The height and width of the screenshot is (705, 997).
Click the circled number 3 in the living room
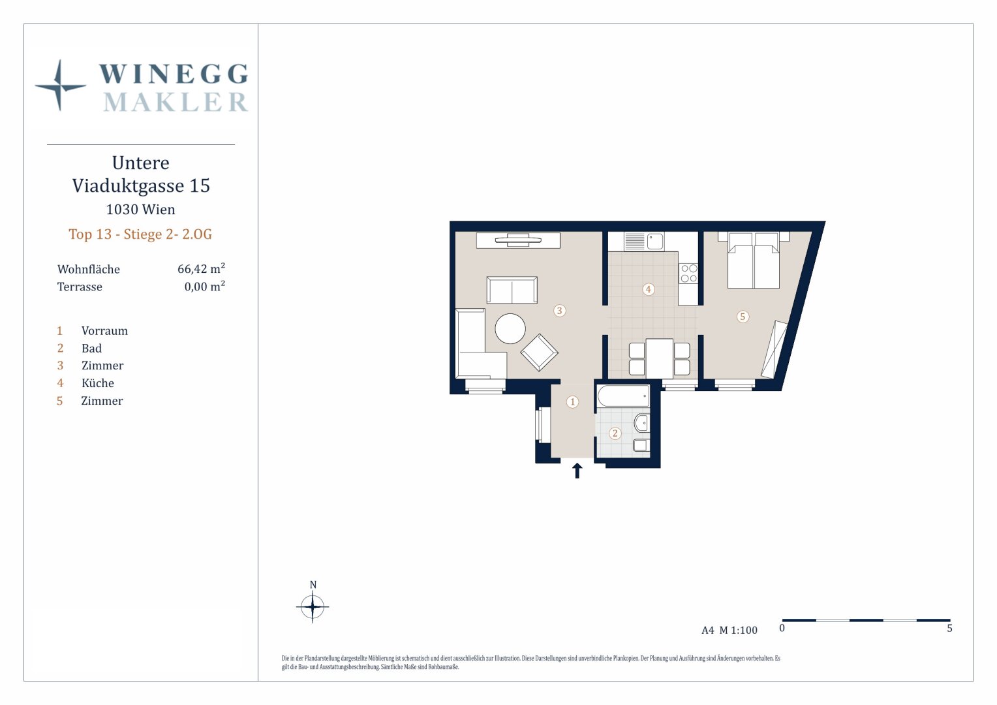tap(559, 311)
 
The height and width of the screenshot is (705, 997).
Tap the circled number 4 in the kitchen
tap(648, 289)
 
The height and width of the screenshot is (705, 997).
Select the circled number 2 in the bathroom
tap(615, 433)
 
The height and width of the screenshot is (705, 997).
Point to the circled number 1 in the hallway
tap(572, 401)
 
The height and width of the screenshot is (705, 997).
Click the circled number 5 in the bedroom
tap(742, 317)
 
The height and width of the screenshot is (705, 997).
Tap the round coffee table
tap(510, 328)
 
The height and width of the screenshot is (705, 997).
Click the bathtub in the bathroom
tap(623, 396)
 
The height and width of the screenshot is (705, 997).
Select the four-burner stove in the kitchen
tap(688, 273)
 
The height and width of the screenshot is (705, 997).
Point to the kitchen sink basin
tap(654, 242)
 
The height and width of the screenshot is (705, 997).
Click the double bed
tap(753, 260)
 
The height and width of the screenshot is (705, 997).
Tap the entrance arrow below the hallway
tap(577, 471)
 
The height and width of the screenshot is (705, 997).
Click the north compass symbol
tap(313, 606)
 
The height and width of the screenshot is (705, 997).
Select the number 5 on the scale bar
tap(949, 629)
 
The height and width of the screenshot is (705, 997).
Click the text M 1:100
tap(739, 630)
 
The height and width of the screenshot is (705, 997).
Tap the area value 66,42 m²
tap(201, 268)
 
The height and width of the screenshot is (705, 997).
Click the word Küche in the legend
tap(97, 383)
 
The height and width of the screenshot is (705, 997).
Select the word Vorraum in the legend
tap(104, 331)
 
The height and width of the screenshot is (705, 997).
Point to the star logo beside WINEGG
tap(60, 85)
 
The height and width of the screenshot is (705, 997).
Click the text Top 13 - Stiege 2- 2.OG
tap(140, 234)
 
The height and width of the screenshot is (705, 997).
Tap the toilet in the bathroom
tap(641, 445)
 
